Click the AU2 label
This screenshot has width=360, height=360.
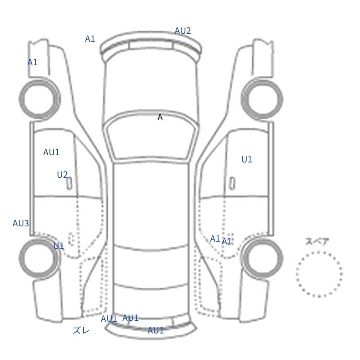(183, 31)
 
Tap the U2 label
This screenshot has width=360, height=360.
(62, 175)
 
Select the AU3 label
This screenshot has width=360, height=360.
(21, 223)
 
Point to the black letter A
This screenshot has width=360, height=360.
(160, 117)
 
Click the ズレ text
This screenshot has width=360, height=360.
(81, 330)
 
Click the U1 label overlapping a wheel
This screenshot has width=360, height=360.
(58, 246)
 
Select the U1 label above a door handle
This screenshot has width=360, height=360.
(247, 159)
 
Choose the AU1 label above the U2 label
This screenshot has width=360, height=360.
(51, 152)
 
